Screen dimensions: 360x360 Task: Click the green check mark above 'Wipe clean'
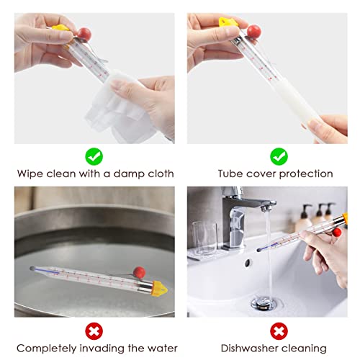point(94,155)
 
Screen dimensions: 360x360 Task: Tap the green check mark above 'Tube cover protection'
point(278,155)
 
